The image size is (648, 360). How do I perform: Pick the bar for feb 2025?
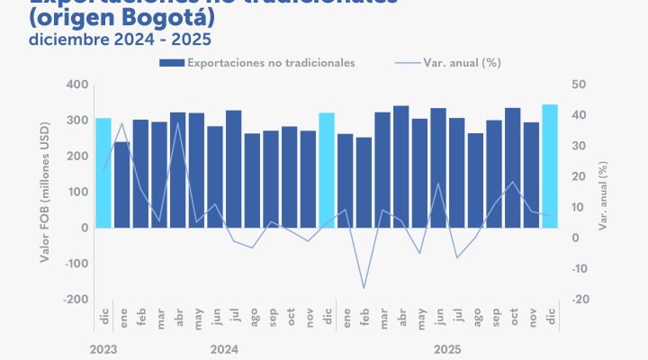tap(364, 183)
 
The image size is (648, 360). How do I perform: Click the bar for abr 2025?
tap(400, 166)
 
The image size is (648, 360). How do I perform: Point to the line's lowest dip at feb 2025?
tap(364, 288)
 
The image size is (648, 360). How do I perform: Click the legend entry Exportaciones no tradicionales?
tap(257, 62)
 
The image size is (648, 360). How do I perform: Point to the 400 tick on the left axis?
tap(76, 85)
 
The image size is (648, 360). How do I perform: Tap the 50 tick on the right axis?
tap(580, 85)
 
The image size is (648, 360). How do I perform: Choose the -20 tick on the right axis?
tap(580, 300)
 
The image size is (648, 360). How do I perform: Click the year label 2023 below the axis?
tap(103, 347)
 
